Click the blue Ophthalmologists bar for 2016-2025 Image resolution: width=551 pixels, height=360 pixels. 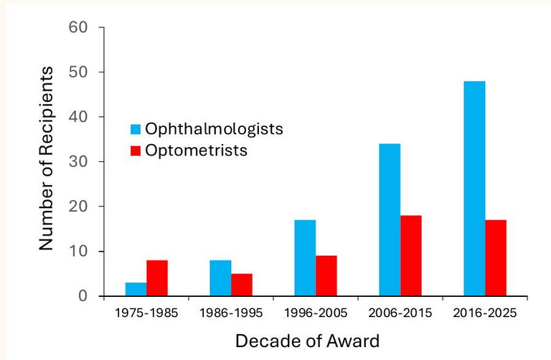pyautogui.click(x=474, y=189)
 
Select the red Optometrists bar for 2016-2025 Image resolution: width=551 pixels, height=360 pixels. pyautogui.click(x=496, y=258)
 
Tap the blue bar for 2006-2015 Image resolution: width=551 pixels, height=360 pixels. pyautogui.click(x=390, y=220)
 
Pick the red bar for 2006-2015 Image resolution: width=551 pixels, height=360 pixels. pyautogui.click(x=411, y=256)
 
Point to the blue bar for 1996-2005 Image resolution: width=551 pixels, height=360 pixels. pyautogui.click(x=305, y=258)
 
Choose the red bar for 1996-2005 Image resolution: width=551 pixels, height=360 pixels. pyautogui.click(x=326, y=276)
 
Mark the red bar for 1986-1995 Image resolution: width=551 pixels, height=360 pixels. pyautogui.click(x=242, y=285)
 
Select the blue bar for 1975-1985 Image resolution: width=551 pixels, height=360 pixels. pyautogui.click(x=136, y=289)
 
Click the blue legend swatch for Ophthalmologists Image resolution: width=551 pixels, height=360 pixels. pyautogui.click(x=135, y=130)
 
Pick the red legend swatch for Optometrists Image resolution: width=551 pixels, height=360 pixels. pyautogui.click(x=135, y=151)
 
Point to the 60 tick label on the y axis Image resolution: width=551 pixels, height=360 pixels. pyautogui.click(x=78, y=28)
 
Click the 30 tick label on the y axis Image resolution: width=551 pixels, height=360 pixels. pyautogui.click(x=78, y=162)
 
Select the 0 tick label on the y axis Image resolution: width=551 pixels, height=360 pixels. pyautogui.click(x=83, y=296)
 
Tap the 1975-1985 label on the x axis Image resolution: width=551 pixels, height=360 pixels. pyautogui.click(x=146, y=313)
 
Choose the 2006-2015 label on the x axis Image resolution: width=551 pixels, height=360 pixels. pyautogui.click(x=400, y=313)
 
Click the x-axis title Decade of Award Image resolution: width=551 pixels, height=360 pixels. pyautogui.click(x=309, y=339)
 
